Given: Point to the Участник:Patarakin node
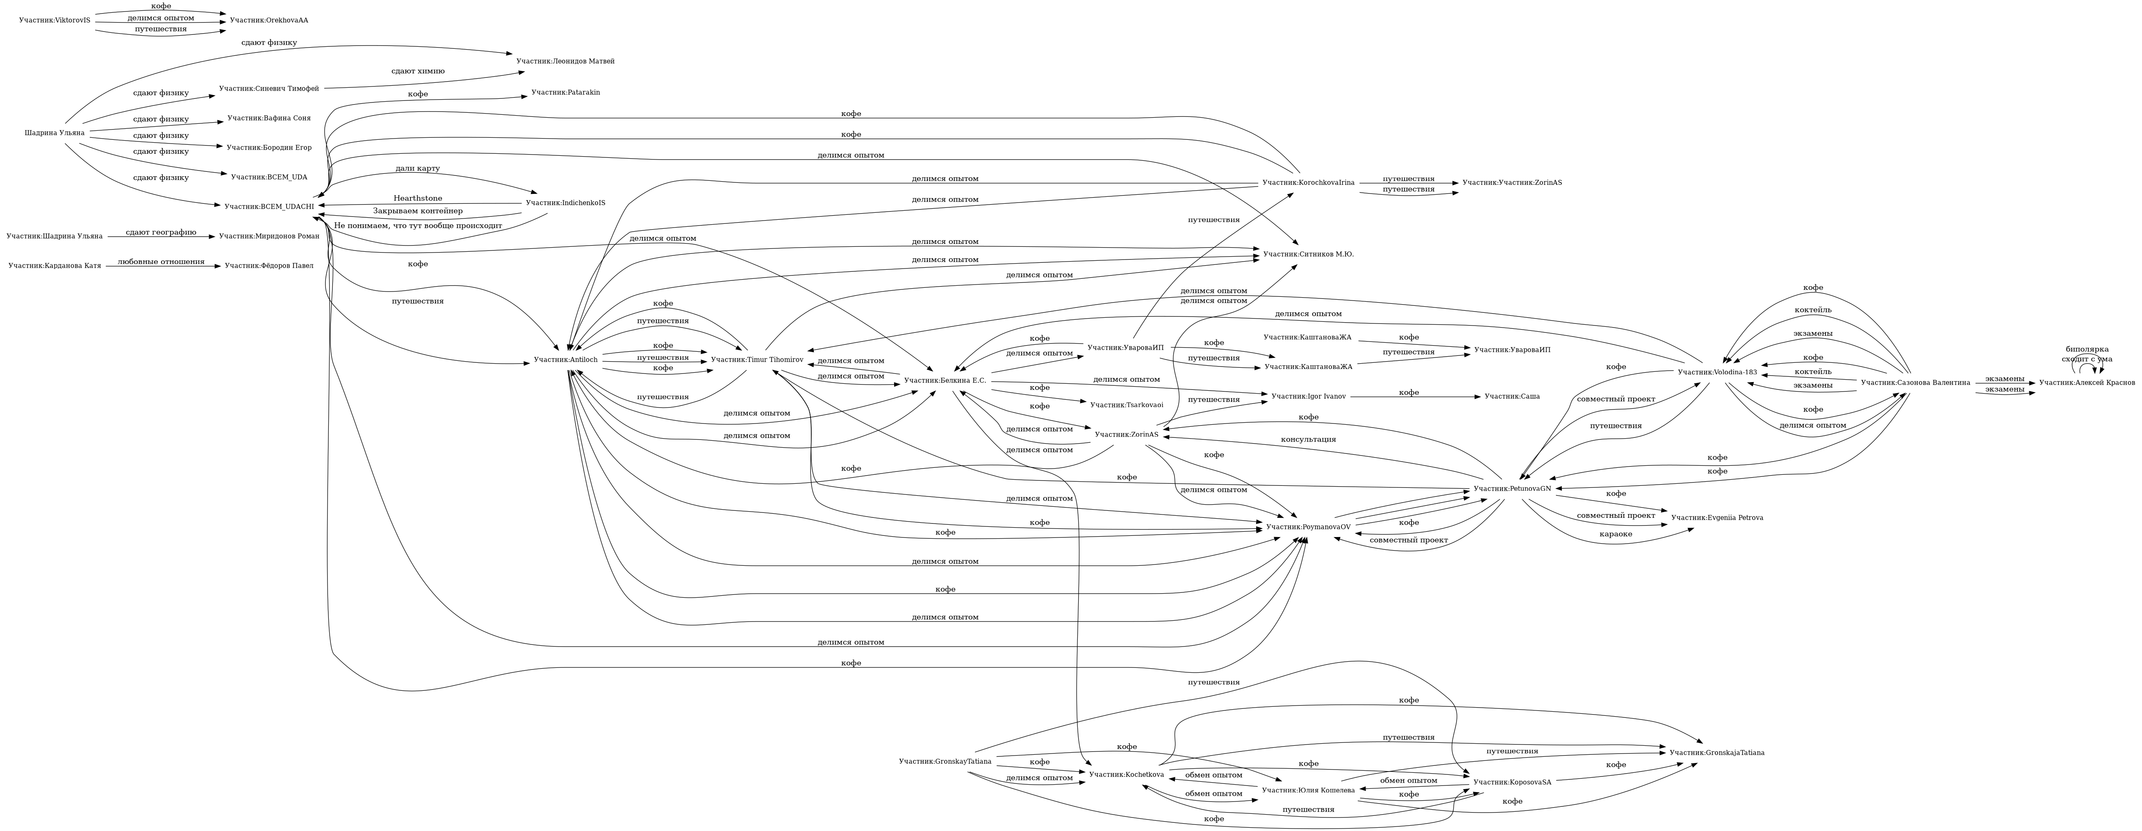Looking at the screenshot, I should tap(565, 92).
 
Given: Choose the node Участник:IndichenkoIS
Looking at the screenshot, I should tap(565, 203).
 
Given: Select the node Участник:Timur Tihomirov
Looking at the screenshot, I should tap(757, 360).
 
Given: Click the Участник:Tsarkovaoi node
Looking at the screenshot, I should tap(1126, 404).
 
